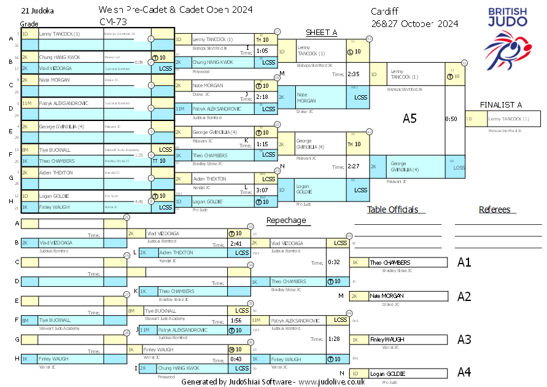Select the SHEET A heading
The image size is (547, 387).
[322, 32]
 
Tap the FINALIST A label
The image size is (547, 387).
[501, 104]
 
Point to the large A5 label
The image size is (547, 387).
[409, 119]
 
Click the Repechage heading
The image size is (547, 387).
[286, 221]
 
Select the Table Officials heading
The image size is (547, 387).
[392, 209]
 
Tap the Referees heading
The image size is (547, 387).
[494, 209]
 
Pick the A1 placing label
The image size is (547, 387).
[464, 262]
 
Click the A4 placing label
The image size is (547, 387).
[464, 372]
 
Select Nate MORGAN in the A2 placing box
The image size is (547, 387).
[386, 296]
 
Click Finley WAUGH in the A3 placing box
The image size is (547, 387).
[386, 339]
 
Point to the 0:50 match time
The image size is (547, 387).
[451, 119]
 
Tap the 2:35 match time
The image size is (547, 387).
[353, 74]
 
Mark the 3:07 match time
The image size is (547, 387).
[262, 191]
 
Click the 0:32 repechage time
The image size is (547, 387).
[334, 262]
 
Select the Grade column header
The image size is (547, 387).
[29, 23]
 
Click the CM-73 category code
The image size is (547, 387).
[111, 21]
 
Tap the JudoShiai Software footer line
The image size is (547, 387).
[273, 381]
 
